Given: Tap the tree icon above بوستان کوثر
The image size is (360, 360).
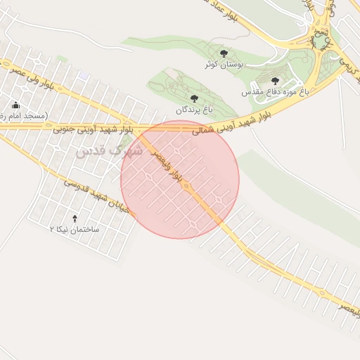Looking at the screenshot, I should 224,53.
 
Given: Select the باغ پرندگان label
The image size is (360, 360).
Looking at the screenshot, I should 193,110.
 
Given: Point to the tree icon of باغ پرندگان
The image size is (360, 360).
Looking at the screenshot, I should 194,99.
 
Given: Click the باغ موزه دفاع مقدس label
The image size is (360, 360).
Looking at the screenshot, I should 275,92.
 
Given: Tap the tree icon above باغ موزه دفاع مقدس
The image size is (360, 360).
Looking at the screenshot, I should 275,82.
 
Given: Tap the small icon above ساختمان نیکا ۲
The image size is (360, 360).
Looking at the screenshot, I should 75,218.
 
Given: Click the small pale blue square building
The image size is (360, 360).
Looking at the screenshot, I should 84,75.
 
